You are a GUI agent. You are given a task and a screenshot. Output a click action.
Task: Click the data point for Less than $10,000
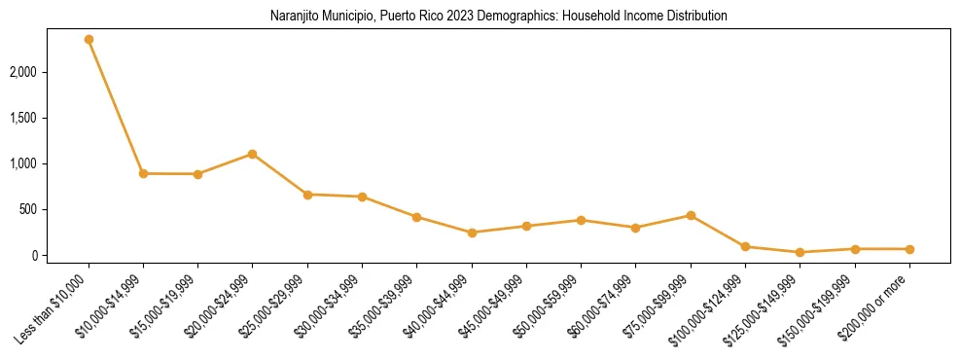point(89,40)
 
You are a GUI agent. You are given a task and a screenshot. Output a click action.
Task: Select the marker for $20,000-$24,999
point(253,154)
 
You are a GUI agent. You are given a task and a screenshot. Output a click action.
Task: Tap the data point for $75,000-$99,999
point(691,215)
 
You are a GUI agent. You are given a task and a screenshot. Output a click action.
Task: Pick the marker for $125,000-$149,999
point(800,252)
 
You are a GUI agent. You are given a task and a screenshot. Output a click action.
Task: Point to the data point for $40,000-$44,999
point(472,233)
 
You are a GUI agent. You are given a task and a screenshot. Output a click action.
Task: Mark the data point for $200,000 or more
point(909,249)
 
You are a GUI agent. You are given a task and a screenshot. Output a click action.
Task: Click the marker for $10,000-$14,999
point(143,173)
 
